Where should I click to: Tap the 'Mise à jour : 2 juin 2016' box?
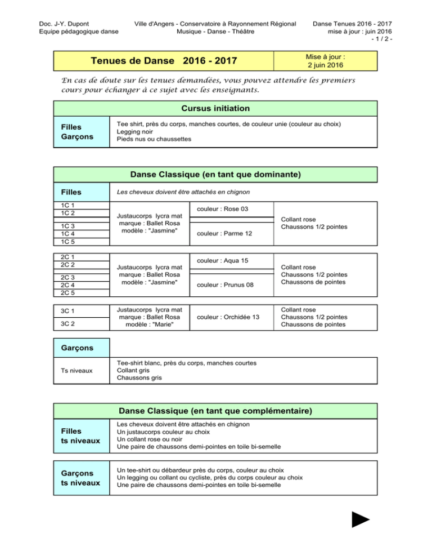(325, 60)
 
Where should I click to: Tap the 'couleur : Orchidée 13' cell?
(232, 317)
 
